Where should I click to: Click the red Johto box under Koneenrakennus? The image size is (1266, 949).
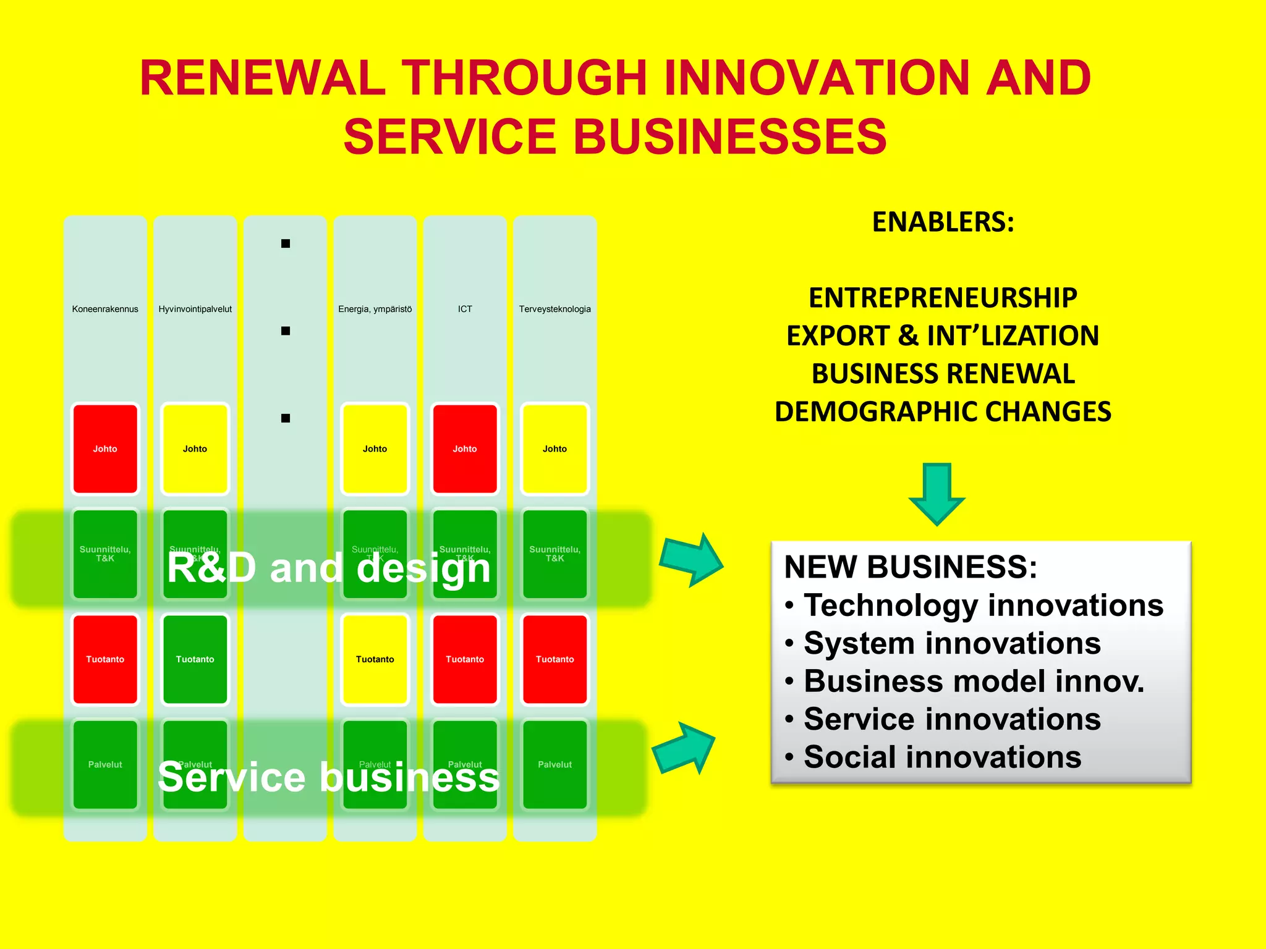click(x=105, y=449)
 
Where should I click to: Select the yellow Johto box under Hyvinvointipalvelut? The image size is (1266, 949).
click(x=195, y=449)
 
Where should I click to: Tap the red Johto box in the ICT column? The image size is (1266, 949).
click(x=465, y=449)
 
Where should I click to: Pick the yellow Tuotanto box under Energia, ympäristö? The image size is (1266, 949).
click(x=375, y=659)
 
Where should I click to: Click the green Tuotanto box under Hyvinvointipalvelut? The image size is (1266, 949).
click(x=195, y=659)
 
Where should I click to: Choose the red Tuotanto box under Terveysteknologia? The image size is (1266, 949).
click(x=554, y=659)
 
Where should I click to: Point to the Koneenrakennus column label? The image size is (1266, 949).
click(x=105, y=309)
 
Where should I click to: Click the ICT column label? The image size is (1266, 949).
click(x=465, y=309)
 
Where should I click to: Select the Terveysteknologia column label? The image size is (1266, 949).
click(x=554, y=309)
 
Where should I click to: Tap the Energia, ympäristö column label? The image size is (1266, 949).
click(x=375, y=309)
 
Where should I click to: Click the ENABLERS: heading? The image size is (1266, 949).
click(x=943, y=222)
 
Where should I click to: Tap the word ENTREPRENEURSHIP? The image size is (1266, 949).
click(x=943, y=298)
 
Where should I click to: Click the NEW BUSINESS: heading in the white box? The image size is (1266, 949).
click(x=910, y=567)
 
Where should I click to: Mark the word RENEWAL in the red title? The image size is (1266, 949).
click(x=263, y=78)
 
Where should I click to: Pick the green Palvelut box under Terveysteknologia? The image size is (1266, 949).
click(x=554, y=764)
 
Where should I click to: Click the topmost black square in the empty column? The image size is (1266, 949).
click(x=286, y=243)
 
